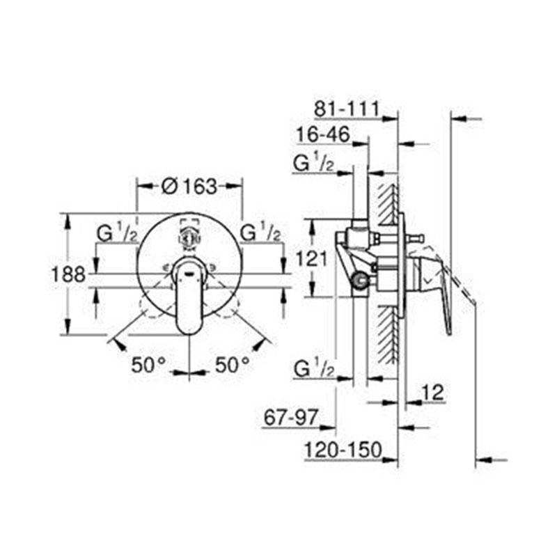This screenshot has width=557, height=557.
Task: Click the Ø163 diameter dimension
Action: click(189, 187)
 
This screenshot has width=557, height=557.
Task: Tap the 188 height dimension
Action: click(68, 274)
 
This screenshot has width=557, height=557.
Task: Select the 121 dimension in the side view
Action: click(311, 258)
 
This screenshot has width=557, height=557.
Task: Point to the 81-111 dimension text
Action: click(347, 109)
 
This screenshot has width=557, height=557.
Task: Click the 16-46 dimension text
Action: click(323, 134)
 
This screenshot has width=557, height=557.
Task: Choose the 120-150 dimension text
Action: click(343, 450)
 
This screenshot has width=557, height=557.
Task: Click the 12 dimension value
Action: click(432, 393)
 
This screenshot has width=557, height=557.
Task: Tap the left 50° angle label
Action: click(148, 364)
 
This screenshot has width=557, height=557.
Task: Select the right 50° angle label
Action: click(233, 364)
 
